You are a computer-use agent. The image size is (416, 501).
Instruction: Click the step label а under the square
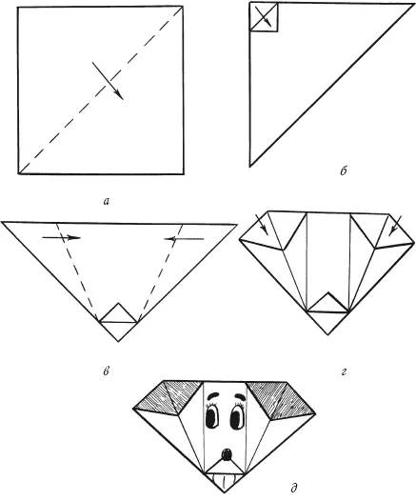(x=107, y=201)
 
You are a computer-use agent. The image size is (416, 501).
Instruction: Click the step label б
(x=344, y=171)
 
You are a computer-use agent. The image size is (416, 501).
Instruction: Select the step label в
(x=107, y=371)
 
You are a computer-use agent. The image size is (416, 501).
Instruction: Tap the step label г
(x=344, y=371)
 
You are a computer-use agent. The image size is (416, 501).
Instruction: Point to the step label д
(x=294, y=488)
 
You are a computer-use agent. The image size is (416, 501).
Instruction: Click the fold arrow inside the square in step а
(x=108, y=81)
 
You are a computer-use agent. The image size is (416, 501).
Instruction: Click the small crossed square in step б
(x=264, y=16)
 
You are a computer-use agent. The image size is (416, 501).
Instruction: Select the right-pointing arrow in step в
(x=61, y=237)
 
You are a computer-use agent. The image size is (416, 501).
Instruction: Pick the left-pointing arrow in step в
(x=184, y=238)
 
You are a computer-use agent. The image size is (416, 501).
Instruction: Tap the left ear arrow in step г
(x=262, y=225)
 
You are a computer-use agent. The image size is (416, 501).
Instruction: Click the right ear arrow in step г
(x=395, y=226)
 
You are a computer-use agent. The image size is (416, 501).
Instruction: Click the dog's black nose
(x=227, y=454)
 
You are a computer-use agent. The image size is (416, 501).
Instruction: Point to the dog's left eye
(x=212, y=417)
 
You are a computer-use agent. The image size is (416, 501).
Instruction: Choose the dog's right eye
(x=237, y=418)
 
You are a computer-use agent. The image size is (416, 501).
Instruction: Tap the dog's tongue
(x=225, y=481)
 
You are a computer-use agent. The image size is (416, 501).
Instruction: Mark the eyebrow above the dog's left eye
(x=213, y=396)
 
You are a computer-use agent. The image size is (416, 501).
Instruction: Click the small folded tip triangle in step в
(x=118, y=313)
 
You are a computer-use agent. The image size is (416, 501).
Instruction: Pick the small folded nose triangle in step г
(x=327, y=302)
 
